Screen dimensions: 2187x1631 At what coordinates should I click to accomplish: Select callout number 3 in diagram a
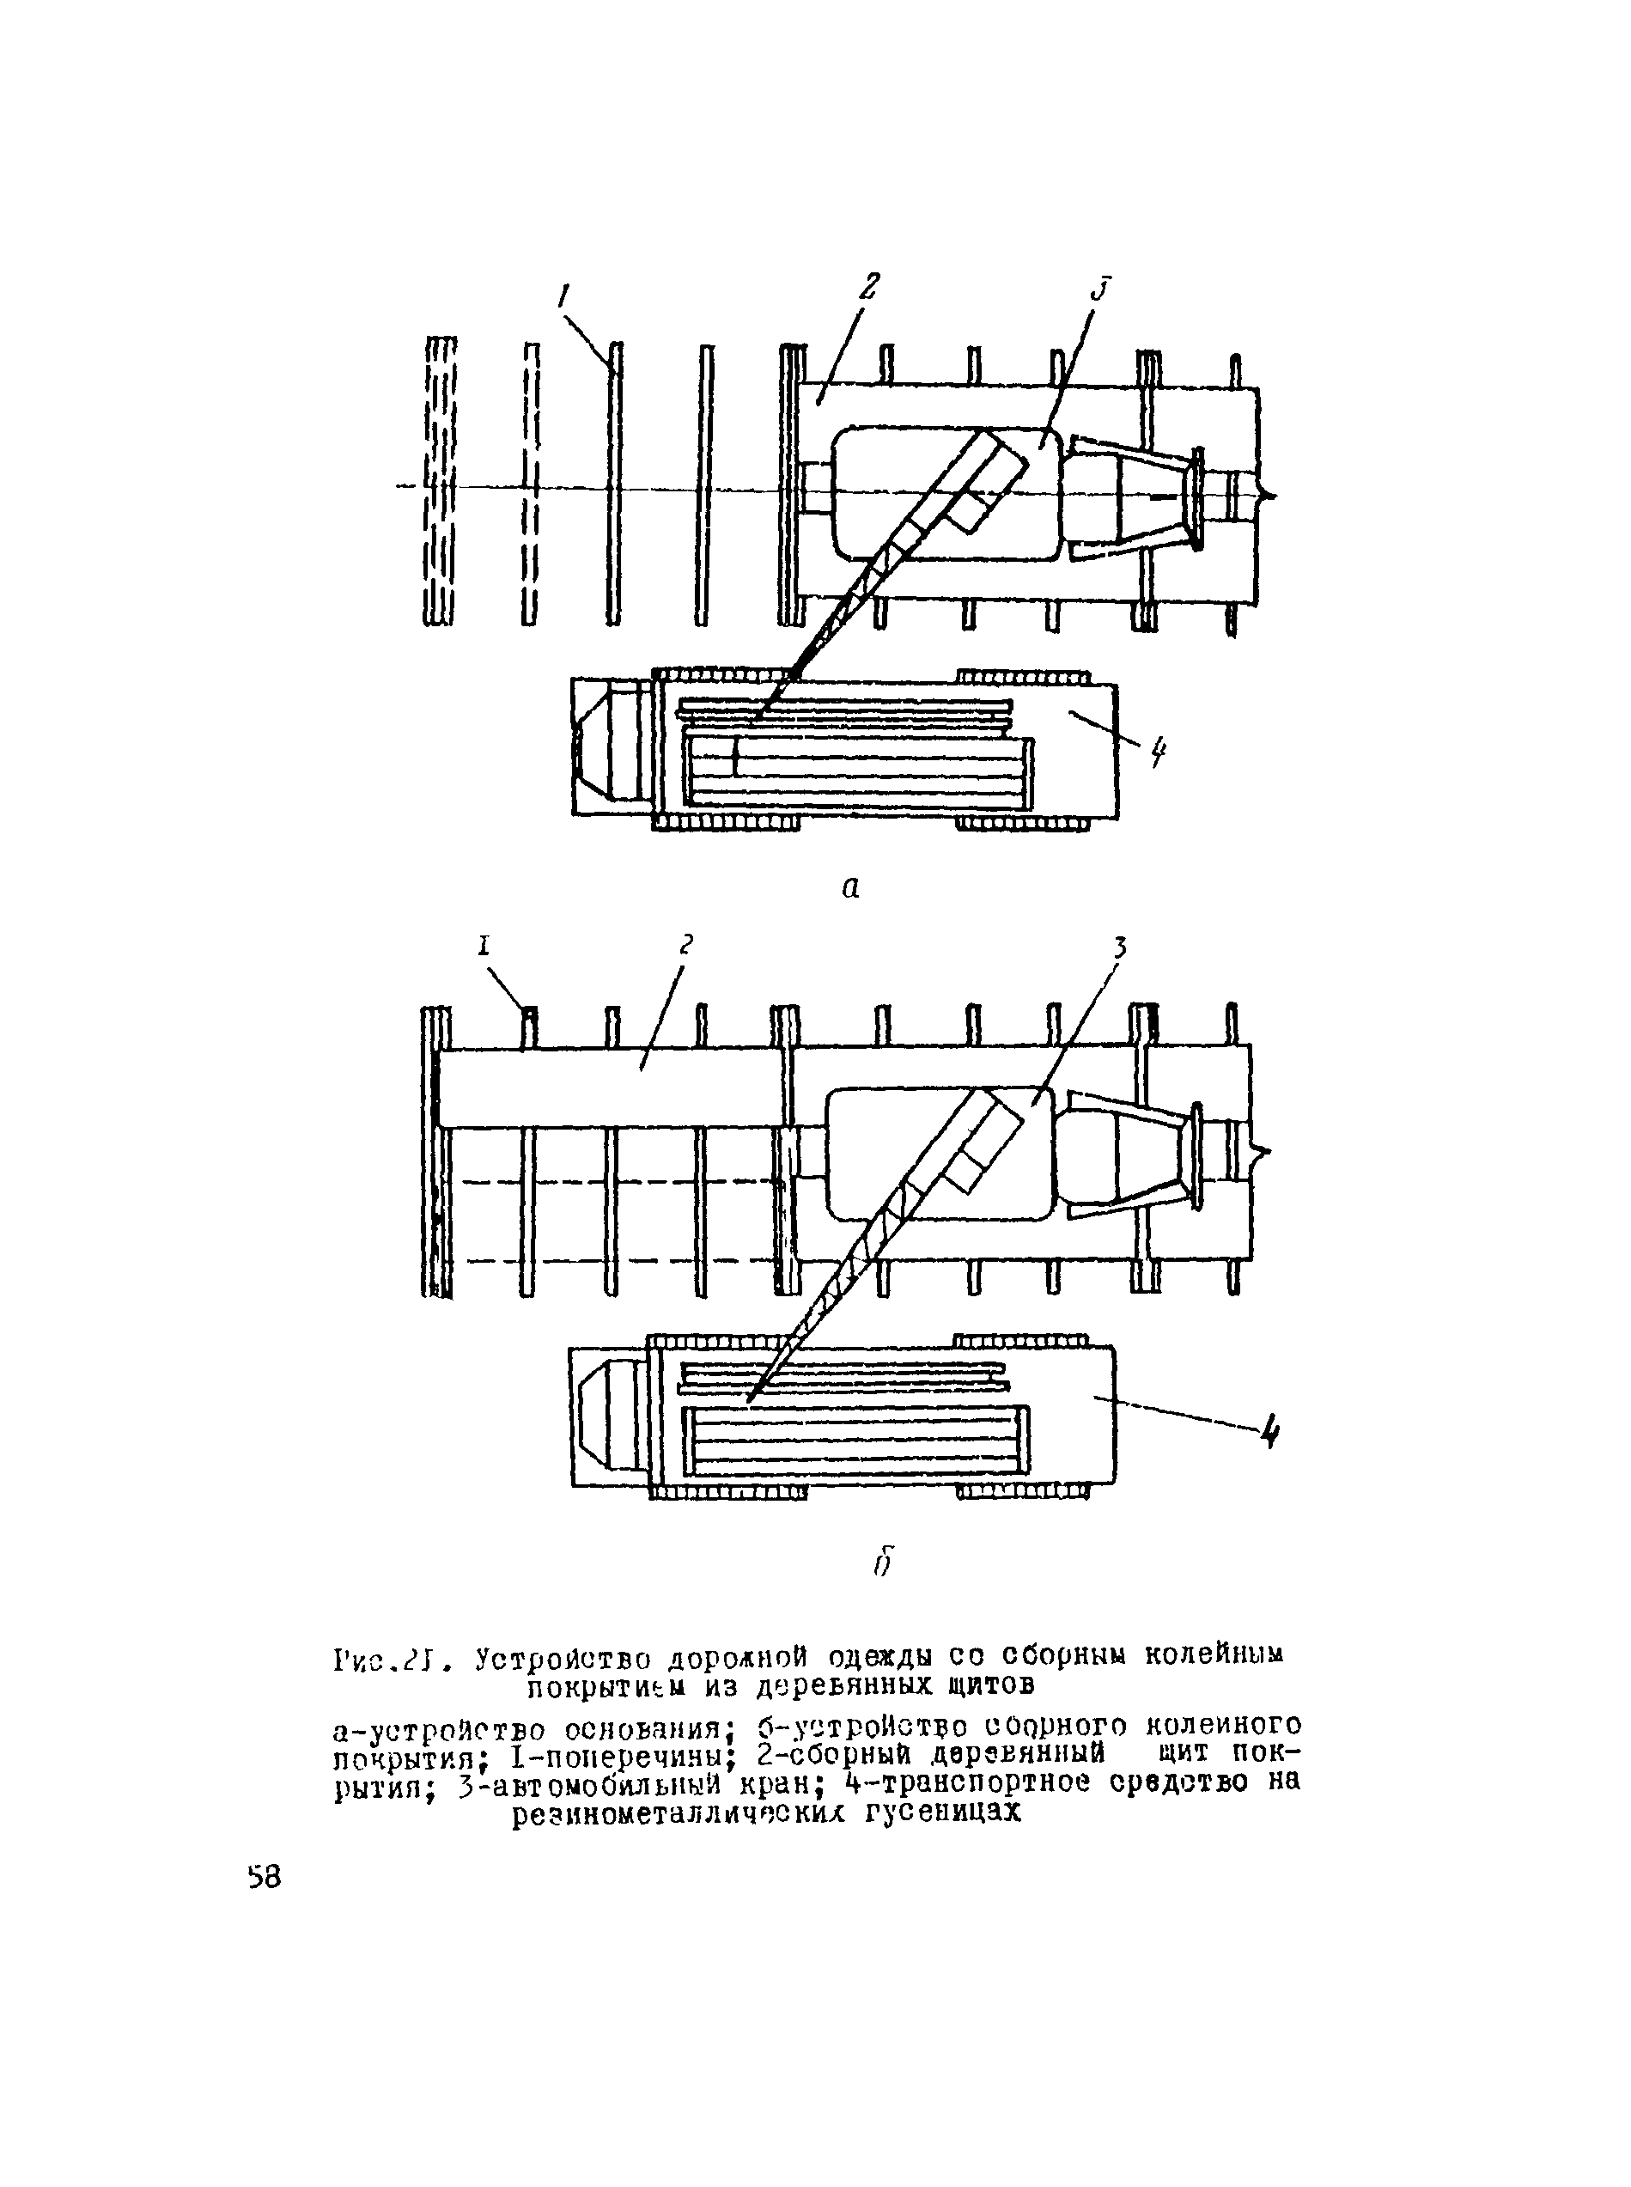coord(1102,289)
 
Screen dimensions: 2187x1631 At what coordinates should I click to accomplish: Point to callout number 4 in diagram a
coord(1157,754)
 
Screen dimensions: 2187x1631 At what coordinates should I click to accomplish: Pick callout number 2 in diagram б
coord(686,944)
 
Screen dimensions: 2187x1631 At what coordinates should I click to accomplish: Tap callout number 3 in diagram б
coord(1120,947)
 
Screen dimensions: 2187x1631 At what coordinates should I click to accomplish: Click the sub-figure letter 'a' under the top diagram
coord(850,887)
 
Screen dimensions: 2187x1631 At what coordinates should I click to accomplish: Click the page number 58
coord(265,1877)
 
